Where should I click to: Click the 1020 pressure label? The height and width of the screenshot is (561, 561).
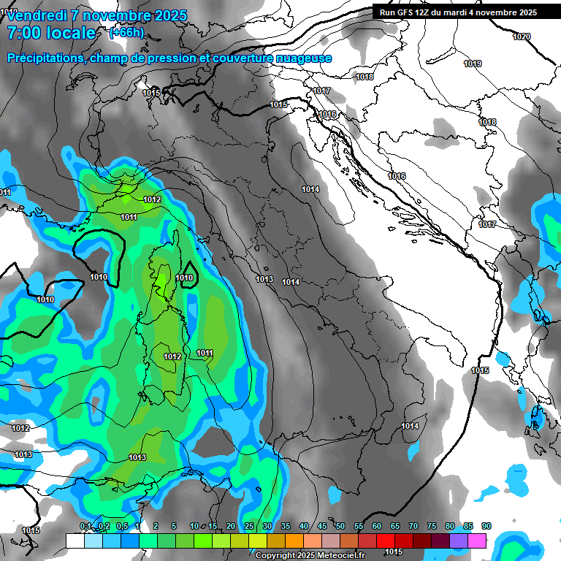522,37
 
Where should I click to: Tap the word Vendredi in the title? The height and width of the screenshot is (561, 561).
37,15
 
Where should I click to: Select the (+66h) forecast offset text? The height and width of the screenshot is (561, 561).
126,33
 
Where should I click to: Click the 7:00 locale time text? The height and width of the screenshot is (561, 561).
51,33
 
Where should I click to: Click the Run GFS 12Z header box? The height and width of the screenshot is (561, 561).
455,12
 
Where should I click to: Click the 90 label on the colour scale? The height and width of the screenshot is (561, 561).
486,527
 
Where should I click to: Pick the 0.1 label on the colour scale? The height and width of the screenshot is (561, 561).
85,527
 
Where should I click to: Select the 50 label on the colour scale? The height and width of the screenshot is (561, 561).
340,527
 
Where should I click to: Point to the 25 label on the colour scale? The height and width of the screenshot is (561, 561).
249,527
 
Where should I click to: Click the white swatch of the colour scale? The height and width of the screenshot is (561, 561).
75,541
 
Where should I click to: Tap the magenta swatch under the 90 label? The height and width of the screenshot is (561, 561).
477,541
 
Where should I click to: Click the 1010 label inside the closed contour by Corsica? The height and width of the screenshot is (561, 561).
184,278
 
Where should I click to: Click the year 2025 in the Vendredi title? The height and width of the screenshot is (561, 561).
170,15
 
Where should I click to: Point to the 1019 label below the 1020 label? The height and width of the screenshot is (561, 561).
473,64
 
